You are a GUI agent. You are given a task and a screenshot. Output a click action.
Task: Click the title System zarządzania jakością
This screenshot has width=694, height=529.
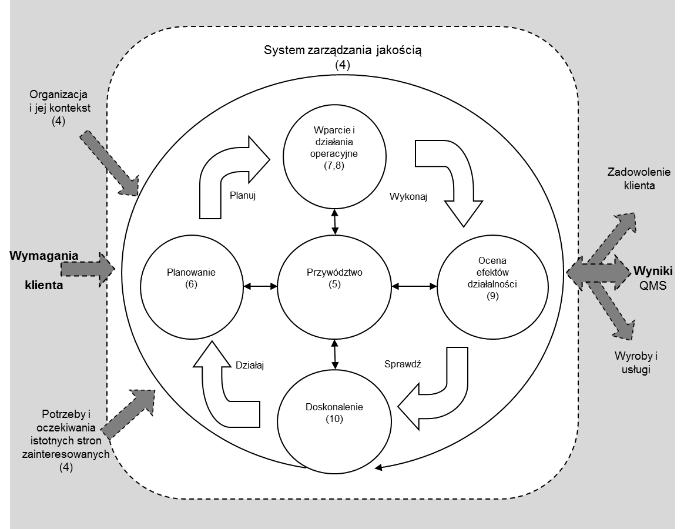342,50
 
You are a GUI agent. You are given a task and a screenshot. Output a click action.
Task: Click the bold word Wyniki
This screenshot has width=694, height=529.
652,271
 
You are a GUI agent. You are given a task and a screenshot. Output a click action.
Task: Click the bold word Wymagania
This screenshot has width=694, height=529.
44,256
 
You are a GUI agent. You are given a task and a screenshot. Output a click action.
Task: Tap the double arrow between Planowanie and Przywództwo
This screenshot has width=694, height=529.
260,286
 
